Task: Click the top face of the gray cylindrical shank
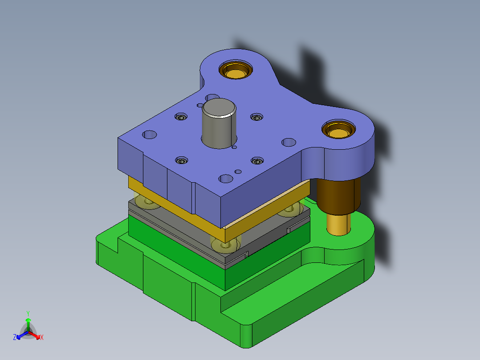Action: [x=219, y=107]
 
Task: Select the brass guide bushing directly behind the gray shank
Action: [x=236, y=70]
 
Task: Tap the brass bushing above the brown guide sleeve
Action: [x=338, y=130]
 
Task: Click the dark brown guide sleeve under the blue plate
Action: [x=338, y=196]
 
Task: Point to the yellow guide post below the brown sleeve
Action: [x=338, y=225]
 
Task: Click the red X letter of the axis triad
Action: [x=42, y=337]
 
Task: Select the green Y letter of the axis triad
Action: [x=28, y=313]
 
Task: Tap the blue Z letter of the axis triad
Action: [x=14, y=337]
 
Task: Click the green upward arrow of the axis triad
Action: [x=28, y=324]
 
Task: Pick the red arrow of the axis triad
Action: [x=34, y=335]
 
